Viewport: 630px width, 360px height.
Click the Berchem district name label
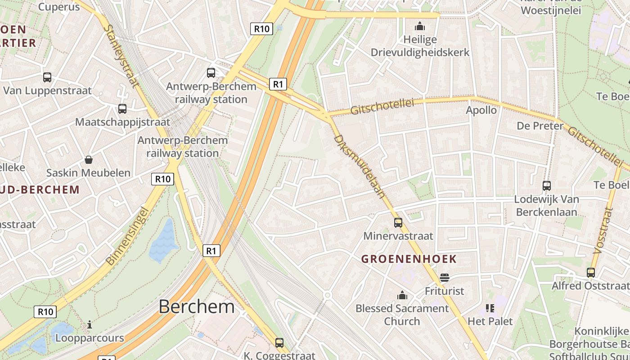pos(197,306)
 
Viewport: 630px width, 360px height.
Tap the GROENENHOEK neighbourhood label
pos(409,259)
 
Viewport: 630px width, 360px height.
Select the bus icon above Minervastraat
pos(398,223)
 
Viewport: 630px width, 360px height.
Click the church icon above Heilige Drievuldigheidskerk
pos(420,27)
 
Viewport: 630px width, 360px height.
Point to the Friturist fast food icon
pos(445,278)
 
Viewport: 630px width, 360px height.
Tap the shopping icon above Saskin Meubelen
pos(89,160)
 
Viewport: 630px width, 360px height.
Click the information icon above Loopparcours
pos(90,324)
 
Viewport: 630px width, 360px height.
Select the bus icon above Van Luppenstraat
pos(47,77)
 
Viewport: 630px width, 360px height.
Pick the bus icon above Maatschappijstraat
pos(122,109)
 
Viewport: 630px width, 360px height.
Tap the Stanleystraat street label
pos(121,56)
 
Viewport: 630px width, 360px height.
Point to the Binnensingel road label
pos(127,235)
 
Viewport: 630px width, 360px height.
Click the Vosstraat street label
pos(603,231)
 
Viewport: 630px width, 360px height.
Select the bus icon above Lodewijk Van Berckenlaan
pos(546,185)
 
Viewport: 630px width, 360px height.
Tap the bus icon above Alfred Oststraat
pos(590,273)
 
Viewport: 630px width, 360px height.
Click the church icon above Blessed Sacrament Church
pos(402,296)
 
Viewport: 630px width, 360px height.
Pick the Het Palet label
pos(490,321)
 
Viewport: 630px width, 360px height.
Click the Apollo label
pos(481,110)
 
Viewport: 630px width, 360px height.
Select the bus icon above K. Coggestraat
pos(279,343)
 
